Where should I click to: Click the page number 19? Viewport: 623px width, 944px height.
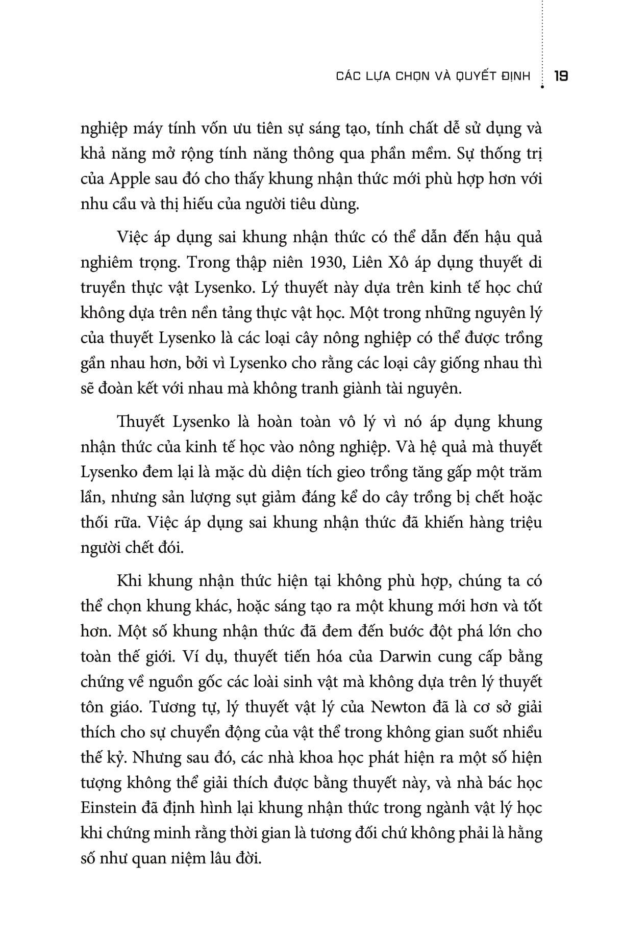(561, 76)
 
